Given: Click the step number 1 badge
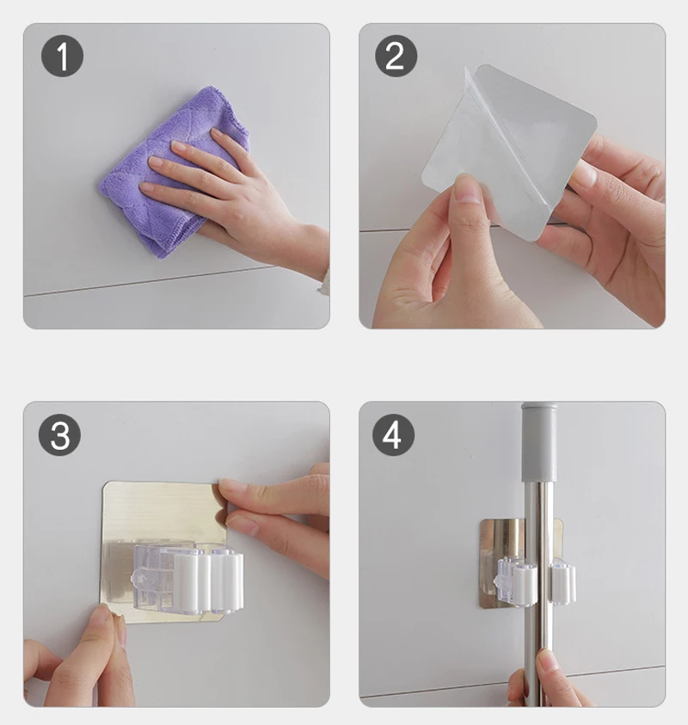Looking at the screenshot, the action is coord(63,56).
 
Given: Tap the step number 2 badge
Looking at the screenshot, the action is coord(396,56).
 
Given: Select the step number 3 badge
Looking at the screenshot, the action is coord(59,434).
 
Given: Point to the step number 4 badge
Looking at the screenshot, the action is coord(393,434).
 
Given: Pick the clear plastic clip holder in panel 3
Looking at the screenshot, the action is coord(187,577).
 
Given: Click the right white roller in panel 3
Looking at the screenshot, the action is coord(226,581).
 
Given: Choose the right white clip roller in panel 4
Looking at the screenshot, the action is coord(562,581).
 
